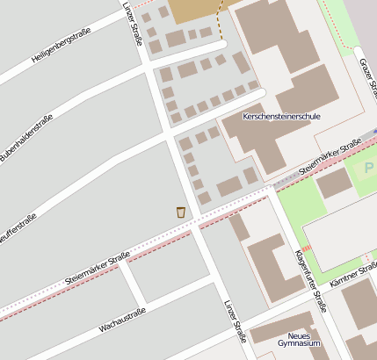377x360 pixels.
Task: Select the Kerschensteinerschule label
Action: (281, 116)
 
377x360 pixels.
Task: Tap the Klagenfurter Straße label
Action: (311, 281)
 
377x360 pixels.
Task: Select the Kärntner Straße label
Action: (353, 277)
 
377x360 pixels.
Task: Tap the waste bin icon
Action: (181, 212)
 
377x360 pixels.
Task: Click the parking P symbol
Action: (368, 167)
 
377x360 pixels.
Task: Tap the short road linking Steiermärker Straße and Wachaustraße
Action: (130, 282)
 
